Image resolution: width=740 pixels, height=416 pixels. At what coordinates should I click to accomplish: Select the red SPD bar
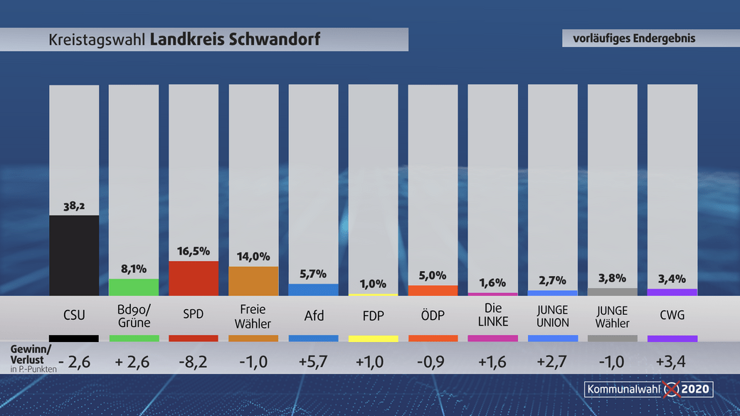194,278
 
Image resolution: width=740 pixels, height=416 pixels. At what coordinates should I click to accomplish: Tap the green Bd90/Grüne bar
134,287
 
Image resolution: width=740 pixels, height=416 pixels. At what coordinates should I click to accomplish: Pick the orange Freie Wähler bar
253,281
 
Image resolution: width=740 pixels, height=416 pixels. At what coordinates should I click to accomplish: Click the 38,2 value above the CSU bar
74,206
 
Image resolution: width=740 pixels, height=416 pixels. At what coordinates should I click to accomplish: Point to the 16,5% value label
194,252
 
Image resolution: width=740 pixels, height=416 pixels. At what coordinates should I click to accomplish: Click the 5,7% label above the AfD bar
313,274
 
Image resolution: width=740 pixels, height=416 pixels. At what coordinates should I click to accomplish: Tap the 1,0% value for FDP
373,284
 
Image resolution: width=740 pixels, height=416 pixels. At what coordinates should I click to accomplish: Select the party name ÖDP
433,316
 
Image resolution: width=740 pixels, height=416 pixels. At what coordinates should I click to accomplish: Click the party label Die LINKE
492,315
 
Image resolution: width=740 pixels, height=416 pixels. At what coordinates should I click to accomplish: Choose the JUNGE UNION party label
553,316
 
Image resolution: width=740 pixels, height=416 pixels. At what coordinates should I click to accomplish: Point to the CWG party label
672,316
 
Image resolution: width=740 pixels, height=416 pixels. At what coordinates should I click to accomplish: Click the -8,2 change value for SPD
194,361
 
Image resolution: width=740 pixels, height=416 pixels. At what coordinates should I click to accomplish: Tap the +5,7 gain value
313,361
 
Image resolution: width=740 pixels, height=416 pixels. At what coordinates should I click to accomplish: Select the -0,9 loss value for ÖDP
433,361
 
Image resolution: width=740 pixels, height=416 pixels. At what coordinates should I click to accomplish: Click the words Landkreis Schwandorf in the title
235,40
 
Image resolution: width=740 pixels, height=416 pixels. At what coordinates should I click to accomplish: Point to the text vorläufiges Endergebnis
634,38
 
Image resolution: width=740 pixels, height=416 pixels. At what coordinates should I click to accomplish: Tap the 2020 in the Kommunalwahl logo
696,389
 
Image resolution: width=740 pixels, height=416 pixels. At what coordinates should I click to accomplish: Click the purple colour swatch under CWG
672,338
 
